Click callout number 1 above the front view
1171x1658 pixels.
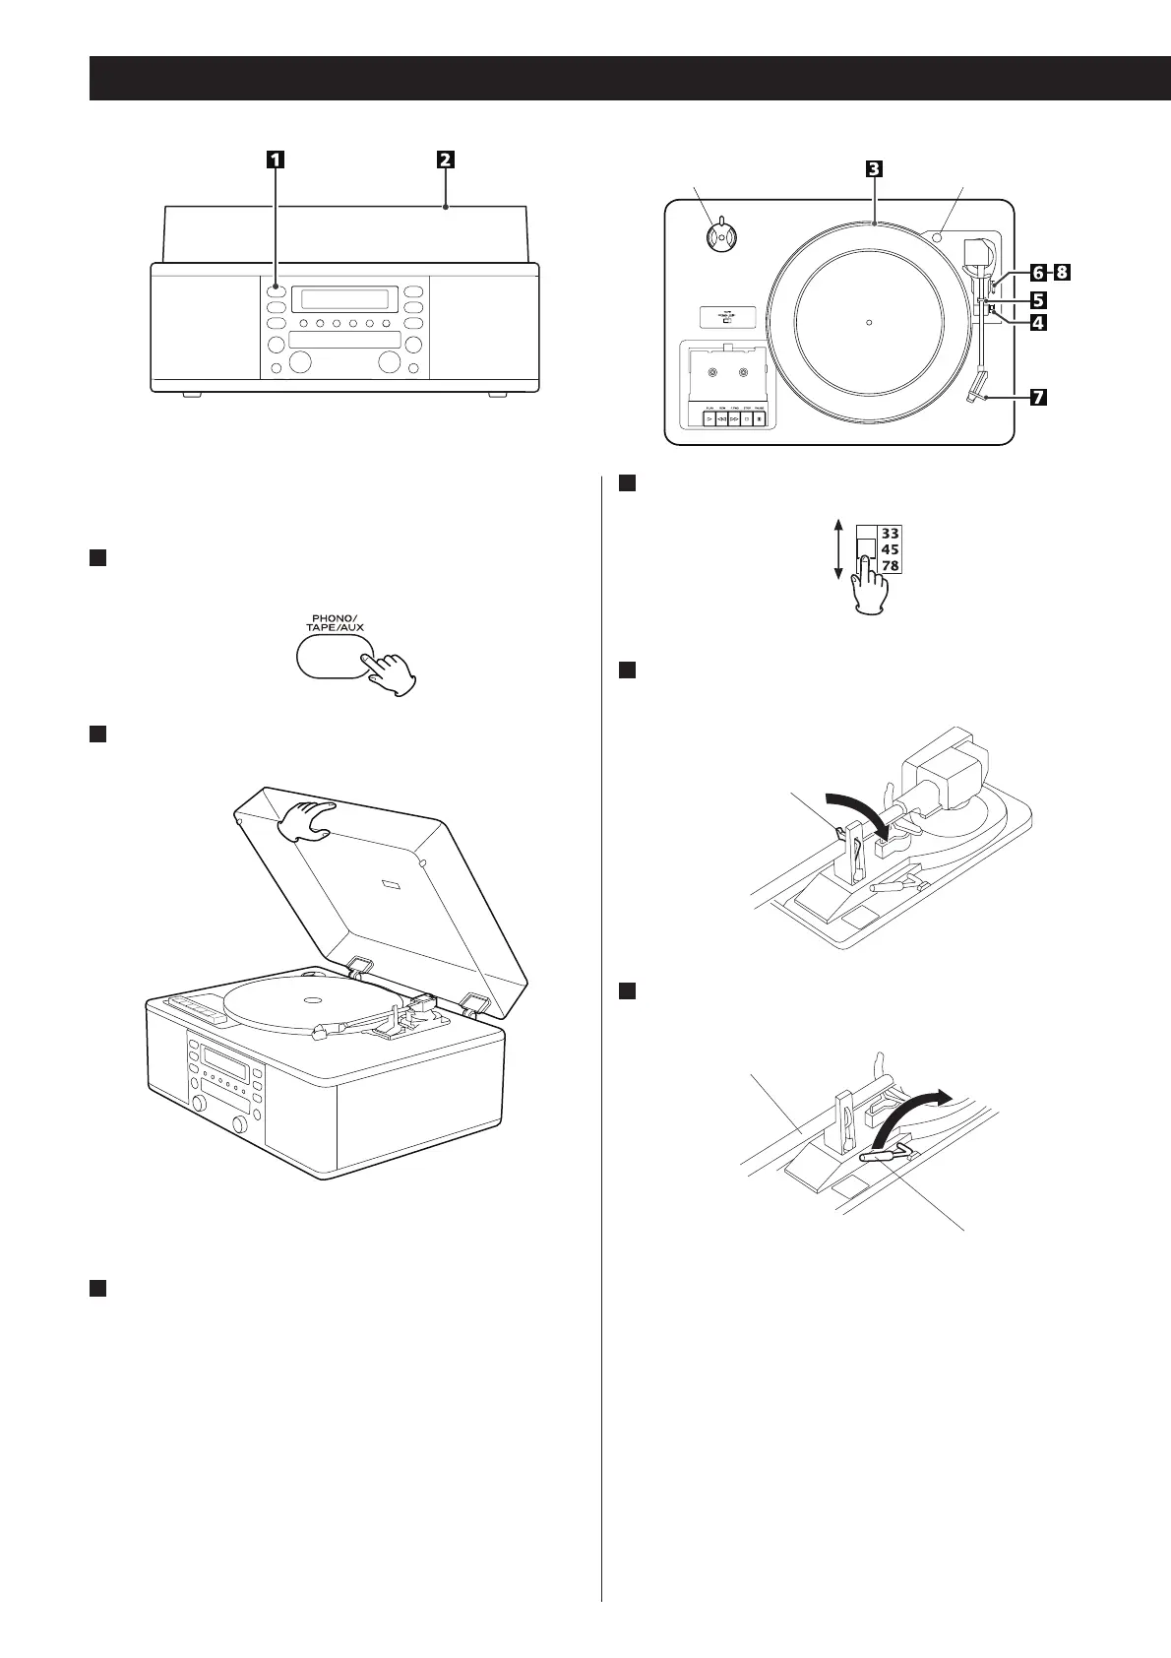tap(276, 159)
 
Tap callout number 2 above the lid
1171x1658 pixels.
tap(446, 159)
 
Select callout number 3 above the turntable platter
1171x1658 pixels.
tap(873, 167)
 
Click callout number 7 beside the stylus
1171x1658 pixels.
tap(1038, 398)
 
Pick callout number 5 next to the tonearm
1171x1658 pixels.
tap(1038, 297)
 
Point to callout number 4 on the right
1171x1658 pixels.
tap(1038, 322)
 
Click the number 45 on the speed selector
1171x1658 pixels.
tap(889, 549)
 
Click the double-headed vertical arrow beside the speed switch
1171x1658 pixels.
tap(836, 550)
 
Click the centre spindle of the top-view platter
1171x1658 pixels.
tap(868, 321)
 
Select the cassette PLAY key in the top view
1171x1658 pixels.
tap(709, 418)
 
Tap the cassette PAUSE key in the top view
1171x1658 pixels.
tap(761, 418)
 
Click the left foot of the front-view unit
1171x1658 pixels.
tap(192, 396)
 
